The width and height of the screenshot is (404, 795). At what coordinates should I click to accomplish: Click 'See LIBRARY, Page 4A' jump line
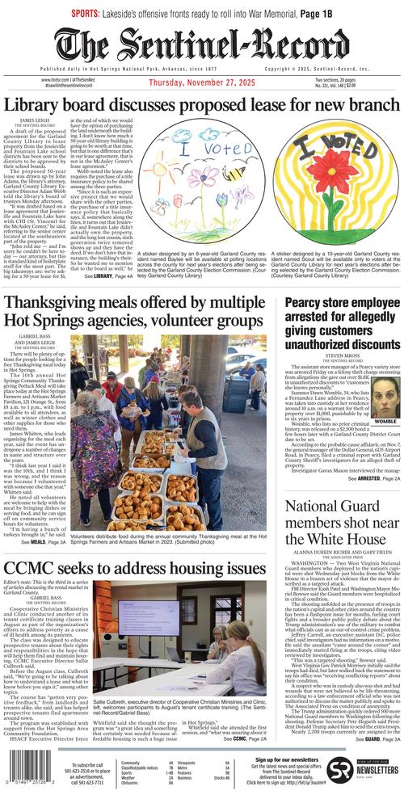coord(111,276)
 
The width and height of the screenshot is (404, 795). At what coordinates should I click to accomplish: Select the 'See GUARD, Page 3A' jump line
coord(374,739)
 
